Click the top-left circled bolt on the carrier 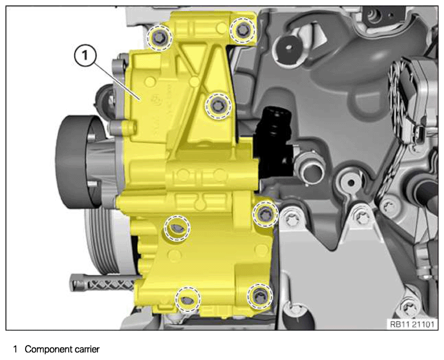pos(159,37)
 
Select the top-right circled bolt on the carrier pos(243,30)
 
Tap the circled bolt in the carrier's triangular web pos(217,106)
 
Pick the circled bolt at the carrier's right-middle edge pos(265,214)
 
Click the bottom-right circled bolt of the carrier pos(260,297)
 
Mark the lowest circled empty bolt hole pos(188,300)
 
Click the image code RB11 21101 pos(412,324)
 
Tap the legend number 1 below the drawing pos(16,349)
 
